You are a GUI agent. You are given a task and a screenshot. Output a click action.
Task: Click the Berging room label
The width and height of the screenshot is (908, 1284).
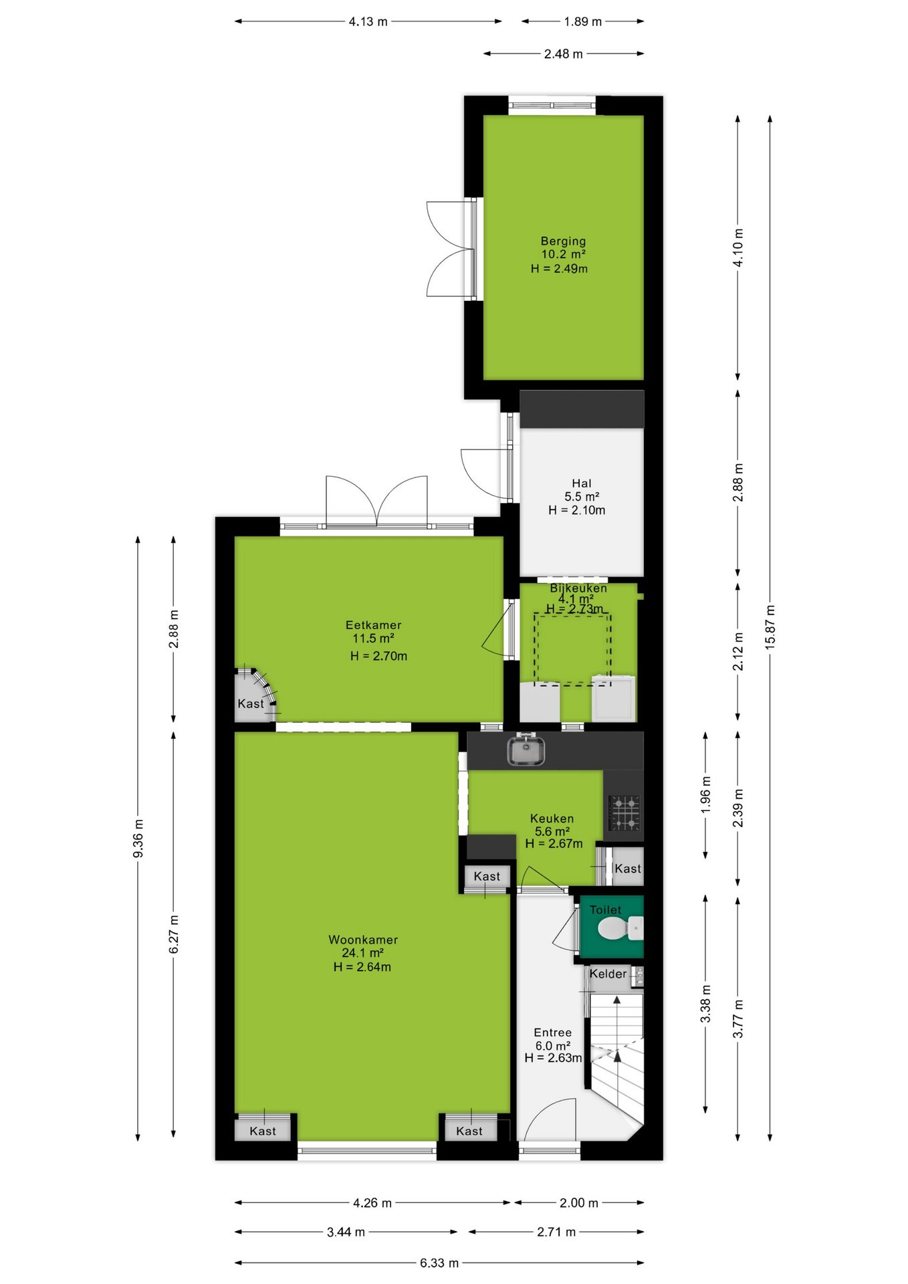563,241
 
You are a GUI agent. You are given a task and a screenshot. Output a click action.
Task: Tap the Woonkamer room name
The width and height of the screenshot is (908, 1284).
363,940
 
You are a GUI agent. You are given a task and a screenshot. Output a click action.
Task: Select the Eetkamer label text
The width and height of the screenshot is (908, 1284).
373,625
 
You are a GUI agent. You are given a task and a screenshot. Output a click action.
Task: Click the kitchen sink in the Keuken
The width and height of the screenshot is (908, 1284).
526,750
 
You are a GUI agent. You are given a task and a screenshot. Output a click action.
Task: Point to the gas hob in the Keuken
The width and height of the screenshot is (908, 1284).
624,813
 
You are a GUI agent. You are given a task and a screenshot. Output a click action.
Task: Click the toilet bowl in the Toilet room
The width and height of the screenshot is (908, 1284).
620,928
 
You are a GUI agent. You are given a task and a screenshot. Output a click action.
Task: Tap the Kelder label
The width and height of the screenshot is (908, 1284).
608,974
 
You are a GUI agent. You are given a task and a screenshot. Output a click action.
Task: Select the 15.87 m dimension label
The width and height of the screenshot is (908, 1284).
770,627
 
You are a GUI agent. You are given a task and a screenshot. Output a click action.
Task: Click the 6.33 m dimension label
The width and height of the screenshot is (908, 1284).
439,1263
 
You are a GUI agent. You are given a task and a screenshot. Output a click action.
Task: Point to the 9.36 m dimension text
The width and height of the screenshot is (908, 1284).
138,838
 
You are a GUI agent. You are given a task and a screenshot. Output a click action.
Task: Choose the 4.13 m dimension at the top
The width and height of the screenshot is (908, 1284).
368,21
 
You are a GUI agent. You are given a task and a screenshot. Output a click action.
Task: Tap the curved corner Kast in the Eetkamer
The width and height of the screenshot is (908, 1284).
255,695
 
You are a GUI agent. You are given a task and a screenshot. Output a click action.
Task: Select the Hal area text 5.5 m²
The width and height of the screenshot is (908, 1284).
582,496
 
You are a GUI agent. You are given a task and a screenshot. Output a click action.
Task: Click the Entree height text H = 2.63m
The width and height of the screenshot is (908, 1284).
553,1057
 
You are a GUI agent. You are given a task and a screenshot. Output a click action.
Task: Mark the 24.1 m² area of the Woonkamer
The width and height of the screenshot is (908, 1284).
362,953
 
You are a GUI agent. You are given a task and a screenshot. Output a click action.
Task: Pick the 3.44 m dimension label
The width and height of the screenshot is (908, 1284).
346,1232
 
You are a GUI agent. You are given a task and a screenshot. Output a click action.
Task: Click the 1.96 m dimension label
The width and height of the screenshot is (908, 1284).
706,796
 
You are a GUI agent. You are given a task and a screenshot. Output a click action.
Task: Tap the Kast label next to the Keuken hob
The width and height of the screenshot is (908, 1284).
628,868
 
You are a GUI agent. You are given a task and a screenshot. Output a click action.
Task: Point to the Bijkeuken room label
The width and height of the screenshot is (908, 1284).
578,588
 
